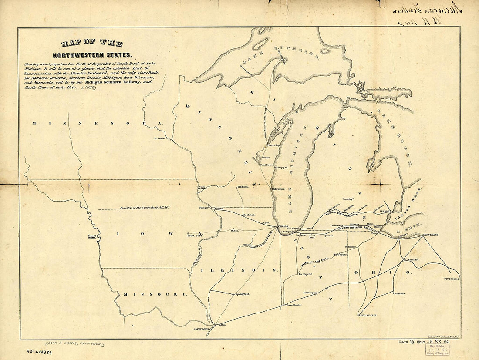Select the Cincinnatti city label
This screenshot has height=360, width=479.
coord(367,314)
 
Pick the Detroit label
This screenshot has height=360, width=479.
coord(385,211)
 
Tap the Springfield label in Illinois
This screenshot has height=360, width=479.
coord(243,294)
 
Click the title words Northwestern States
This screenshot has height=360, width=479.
coord(91,55)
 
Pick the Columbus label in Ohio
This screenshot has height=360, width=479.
coord(399,293)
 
